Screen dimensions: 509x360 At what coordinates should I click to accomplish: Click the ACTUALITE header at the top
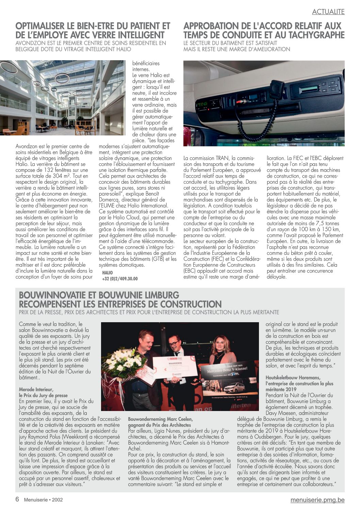point(328,12)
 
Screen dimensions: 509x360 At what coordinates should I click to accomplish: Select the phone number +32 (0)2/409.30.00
point(120,279)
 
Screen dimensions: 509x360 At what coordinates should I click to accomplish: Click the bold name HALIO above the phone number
point(107,273)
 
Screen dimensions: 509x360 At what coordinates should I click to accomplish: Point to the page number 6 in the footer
point(17,499)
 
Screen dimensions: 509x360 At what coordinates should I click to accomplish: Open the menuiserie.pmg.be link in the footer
point(317,500)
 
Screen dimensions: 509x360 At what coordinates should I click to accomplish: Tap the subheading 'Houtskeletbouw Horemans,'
point(293,377)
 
